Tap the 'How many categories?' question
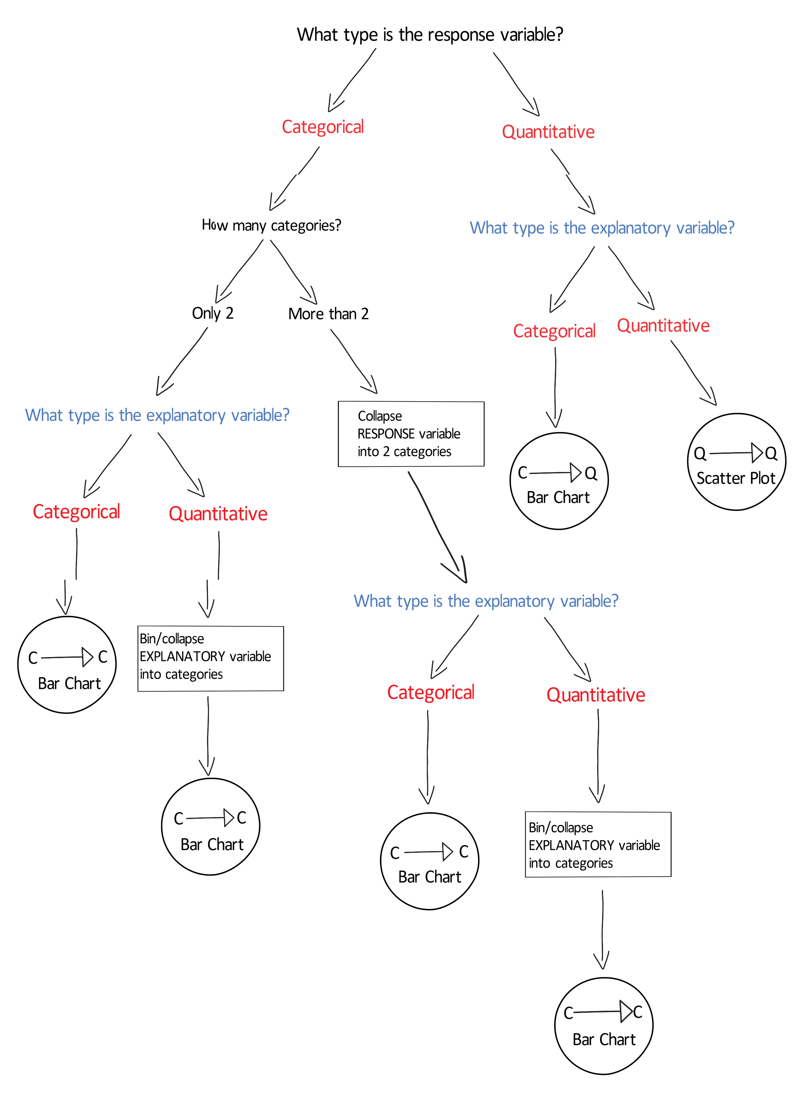271,225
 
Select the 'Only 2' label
213,313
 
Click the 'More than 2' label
328,314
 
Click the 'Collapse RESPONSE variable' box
411,434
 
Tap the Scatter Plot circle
736,462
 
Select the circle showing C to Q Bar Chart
559,481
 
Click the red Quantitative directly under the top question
548,132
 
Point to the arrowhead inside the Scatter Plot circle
756,452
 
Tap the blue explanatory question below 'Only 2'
157,415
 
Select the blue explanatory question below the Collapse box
486,601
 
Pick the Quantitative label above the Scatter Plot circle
663,326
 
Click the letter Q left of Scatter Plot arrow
700,453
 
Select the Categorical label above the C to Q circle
554,331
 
